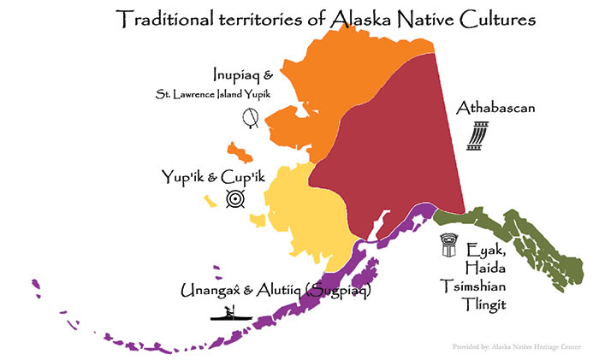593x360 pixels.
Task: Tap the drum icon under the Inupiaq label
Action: pos(251,118)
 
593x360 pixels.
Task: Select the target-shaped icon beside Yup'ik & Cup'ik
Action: pos(235,199)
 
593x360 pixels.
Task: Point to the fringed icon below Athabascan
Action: pos(477,136)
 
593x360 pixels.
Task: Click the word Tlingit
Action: pos(490,303)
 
